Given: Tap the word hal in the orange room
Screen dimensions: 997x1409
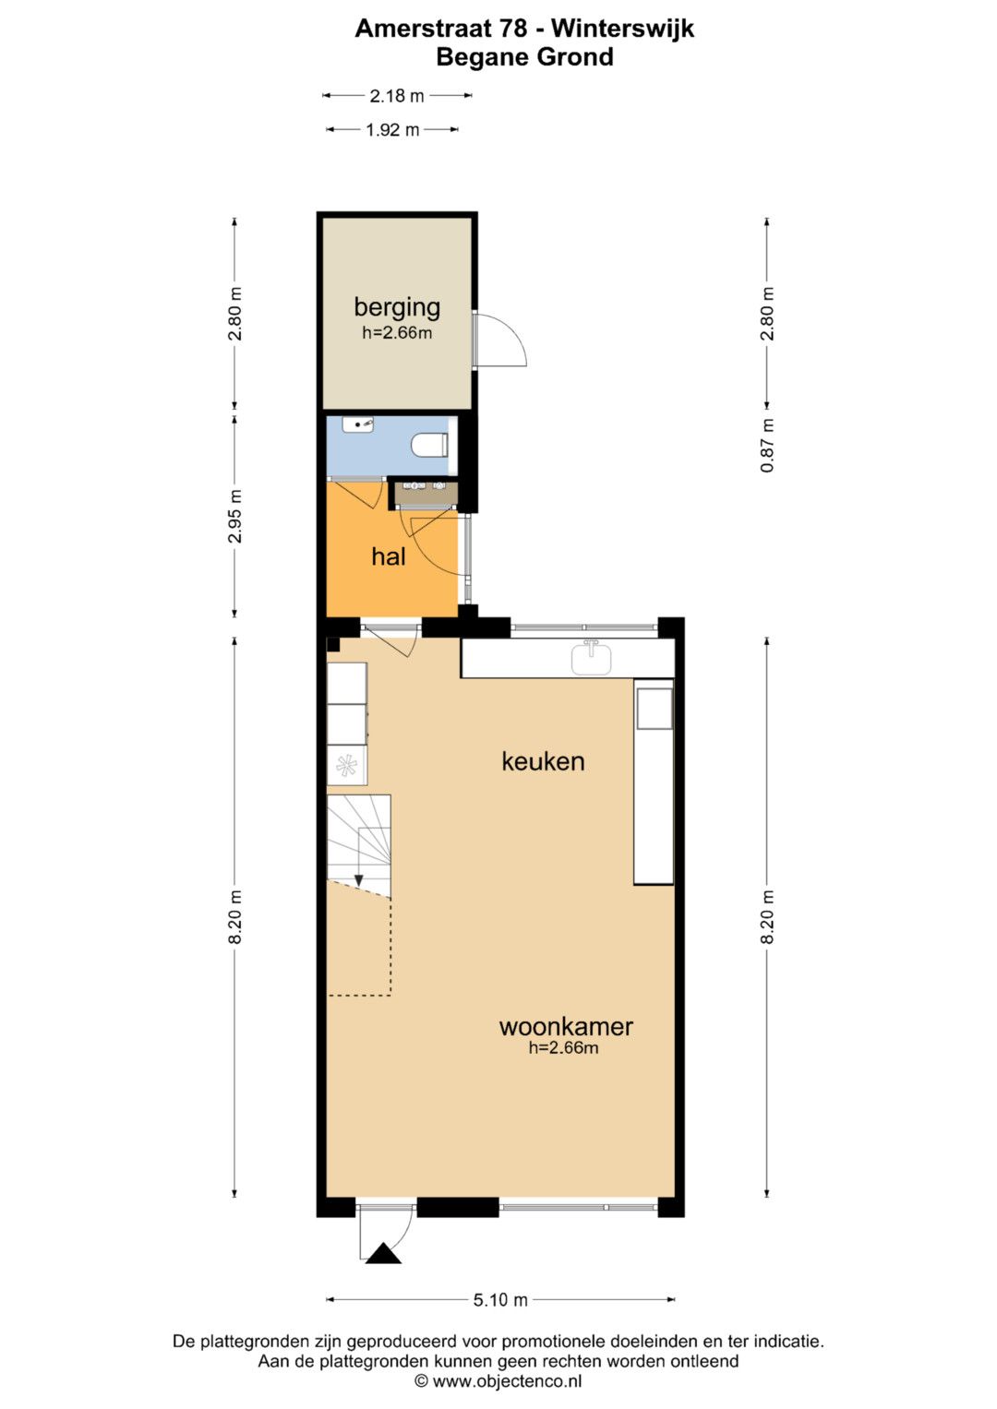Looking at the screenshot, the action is (389, 556).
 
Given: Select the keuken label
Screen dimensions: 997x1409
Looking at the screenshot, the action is (543, 761).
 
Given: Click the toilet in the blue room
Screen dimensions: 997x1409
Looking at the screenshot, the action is (430, 446).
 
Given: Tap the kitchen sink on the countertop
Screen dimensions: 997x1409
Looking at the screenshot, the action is (591, 659).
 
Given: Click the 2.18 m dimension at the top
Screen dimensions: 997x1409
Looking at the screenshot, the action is (397, 96).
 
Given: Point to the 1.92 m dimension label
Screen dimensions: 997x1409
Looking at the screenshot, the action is (392, 130).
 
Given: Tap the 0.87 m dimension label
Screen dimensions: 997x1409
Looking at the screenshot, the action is (766, 446).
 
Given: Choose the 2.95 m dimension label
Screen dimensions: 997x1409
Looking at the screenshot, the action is (234, 516).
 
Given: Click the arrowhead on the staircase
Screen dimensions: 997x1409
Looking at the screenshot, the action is (359, 880).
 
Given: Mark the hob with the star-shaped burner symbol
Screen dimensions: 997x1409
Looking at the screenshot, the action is (347, 766).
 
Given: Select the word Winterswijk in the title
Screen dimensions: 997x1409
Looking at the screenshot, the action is (623, 29).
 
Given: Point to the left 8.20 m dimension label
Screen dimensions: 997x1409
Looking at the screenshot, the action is (234, 916).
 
